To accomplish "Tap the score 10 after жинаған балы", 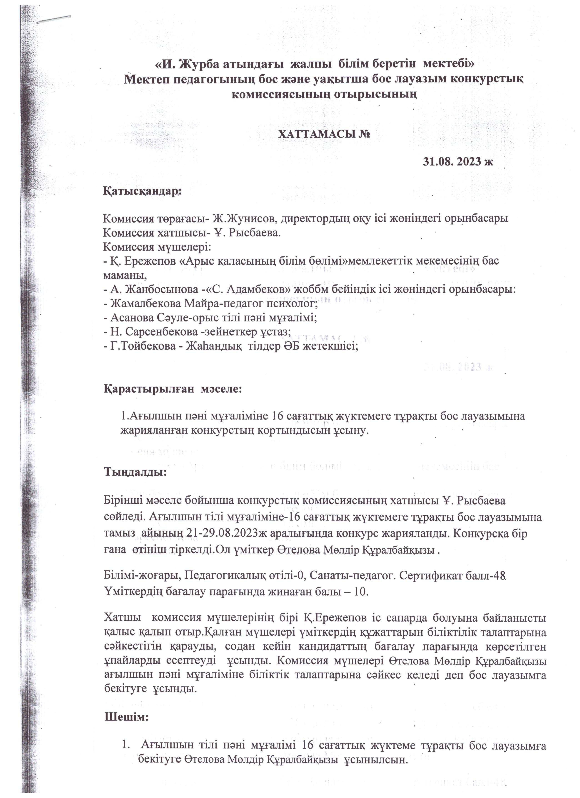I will (361, 591).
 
